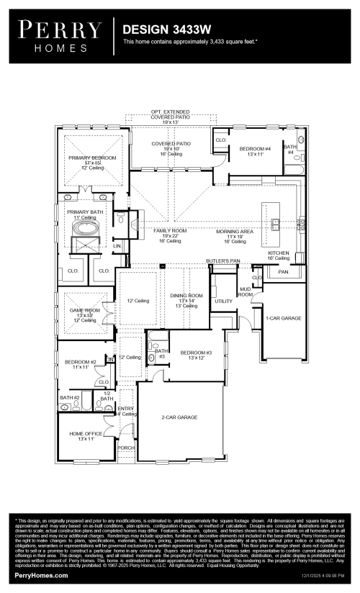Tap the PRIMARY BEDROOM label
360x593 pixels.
click(x=92, y=157)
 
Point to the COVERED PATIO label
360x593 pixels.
click(x=171, y=144)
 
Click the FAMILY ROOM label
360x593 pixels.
click(x=170, y=231)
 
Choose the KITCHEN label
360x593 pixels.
click(x=279, y=253)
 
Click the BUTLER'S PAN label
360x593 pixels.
click(x=222, y=261)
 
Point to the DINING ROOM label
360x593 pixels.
click(x=186, y=295)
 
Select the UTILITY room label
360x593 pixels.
click(x=223, y=301)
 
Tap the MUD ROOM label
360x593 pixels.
click(x=246, y=291)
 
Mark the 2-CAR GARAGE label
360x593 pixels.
click(x=180, y=417)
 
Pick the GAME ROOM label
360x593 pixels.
click(x=84, y=310)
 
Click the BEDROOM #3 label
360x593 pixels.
click(x=196, y=352)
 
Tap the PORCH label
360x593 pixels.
click(x=126, y=447)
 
